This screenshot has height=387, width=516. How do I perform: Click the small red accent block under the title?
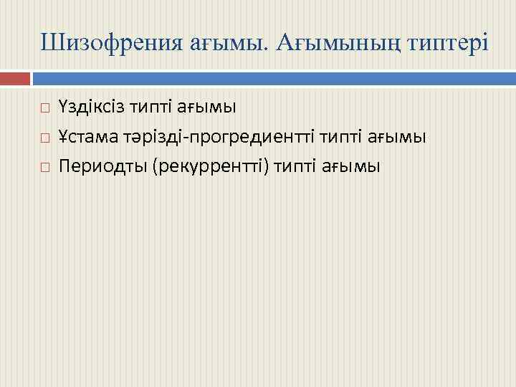[x=15, y=77]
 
